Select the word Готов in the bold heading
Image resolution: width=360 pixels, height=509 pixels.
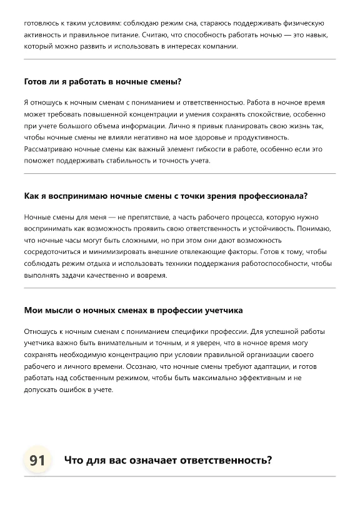point(36,81)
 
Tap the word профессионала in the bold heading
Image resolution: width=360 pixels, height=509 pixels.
point(272,196)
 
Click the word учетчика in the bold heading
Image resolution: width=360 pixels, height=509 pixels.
point(221,310)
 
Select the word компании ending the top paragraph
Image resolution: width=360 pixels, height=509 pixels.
point(220,47)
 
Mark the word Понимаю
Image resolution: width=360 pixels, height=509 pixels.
point(319,229)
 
